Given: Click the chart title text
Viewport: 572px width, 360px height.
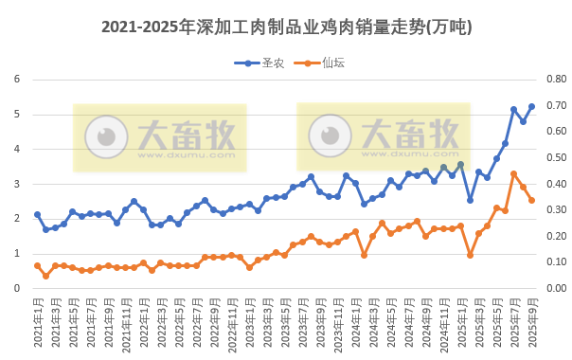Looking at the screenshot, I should pos(286,27).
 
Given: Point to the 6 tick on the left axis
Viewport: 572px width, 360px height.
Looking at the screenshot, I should pos(17,80).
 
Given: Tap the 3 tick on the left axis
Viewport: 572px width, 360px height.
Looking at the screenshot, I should pos(17,184).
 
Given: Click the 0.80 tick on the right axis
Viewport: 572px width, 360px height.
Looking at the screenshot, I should pos(554,80).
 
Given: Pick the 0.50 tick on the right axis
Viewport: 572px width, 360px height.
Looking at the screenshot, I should pos(554,158).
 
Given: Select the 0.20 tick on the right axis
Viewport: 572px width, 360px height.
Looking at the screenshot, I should pos(554,236).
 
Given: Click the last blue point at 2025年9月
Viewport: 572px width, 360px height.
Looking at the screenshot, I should pos(531,106).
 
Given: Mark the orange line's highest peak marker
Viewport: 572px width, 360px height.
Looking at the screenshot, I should pos(513,173).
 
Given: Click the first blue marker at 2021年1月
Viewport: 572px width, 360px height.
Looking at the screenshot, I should pos(37,214).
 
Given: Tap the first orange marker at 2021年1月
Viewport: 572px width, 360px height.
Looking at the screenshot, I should pos(37,265).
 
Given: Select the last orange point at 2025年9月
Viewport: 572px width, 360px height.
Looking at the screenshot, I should pos(531,200).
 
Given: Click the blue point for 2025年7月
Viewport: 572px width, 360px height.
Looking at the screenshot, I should pos(513,109).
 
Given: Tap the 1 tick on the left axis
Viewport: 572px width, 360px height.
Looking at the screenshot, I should pos(17,254).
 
